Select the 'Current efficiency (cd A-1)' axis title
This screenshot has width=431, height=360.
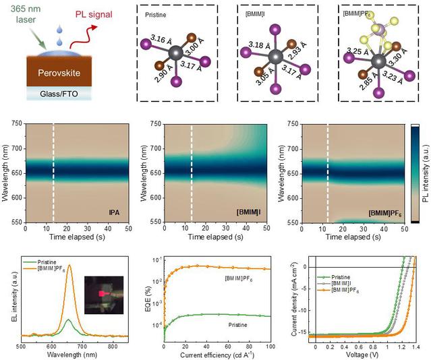[x=217, y=354]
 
